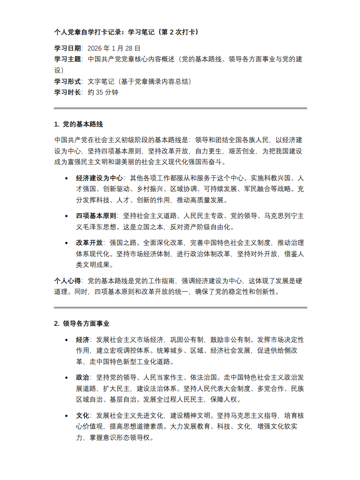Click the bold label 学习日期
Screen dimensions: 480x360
pyautogui.click(x=67, y=48)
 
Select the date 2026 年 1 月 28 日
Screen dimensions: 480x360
pyautogui.click(x=114, y=48)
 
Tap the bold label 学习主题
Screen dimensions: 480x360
pyautogui.click(x=67, y=59)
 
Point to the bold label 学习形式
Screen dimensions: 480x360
pyautogui.click(x=67, y=81)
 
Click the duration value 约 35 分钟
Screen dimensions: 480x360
pyautogui.click(x=103, y=92)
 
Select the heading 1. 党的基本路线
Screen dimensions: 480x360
pyautogui.click(x=79, y=124)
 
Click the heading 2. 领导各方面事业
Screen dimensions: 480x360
pyautogui.click(x=82, y=323)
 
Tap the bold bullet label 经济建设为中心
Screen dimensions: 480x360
pyautogui.click(x=100, y=178)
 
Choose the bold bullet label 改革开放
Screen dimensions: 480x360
pyautogui.click(x=89, y=243)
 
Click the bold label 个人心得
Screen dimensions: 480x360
pyautogui.click(x=67, y=281)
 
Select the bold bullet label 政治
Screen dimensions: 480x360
pyautogui.click(x=83, y=378)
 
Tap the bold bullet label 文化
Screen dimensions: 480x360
pyautogui.click(x=83, y=415)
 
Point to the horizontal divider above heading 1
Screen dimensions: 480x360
pyautogui.click(x=180, y=108)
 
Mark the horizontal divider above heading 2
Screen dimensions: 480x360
pyautogui.click(x=180, y=308)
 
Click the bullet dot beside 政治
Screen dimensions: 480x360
pyautogui.click(x=66, y=378)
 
